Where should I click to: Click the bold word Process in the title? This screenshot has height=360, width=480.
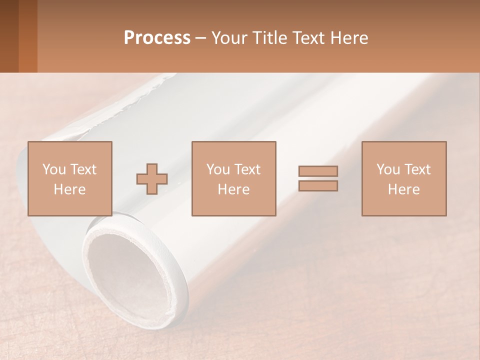point(157,38)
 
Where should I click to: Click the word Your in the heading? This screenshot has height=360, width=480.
point(229,38)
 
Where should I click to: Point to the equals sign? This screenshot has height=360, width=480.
point(318,178)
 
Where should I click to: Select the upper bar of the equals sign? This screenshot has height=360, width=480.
point(318,171)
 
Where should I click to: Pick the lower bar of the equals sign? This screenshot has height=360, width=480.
point(318,186)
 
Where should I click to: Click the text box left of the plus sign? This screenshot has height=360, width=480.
point(69,178)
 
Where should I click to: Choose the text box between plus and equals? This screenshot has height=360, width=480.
point(233,178)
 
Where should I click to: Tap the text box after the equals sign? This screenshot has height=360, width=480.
point(403,178)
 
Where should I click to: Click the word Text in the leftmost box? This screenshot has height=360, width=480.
point(82,169)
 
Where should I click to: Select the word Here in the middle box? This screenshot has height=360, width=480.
point(233,189)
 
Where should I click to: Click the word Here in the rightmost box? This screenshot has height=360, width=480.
point(403,189)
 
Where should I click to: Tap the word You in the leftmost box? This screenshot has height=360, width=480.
point(53,169)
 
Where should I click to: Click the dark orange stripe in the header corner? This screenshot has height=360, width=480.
point(27,36)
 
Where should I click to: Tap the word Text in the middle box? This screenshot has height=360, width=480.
point(247,169)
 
